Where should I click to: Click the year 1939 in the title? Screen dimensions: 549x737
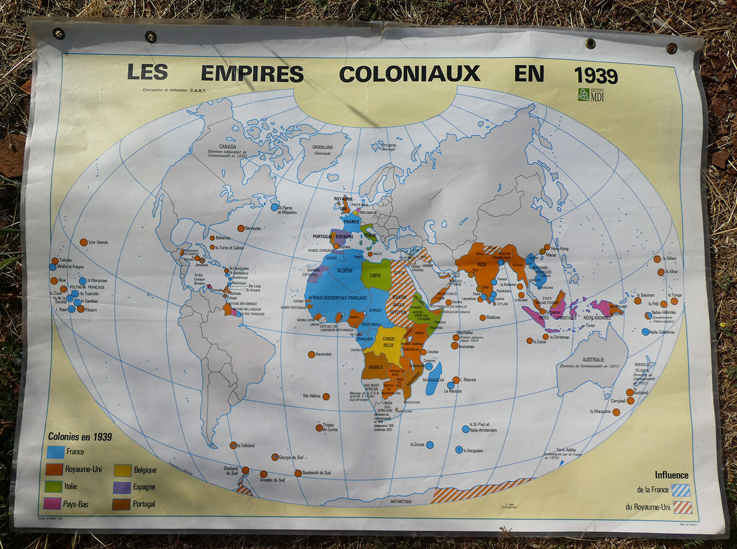596,76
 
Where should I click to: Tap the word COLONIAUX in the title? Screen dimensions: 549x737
409,74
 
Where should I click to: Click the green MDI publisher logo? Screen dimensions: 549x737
584,95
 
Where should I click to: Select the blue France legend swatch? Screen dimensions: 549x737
56,452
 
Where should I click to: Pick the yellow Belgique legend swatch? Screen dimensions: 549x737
122,470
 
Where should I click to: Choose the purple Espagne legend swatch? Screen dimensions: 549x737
122,487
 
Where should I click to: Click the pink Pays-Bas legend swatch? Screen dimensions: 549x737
53,504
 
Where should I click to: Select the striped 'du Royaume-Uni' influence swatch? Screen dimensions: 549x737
682,507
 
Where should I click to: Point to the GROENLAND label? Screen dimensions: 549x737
322,148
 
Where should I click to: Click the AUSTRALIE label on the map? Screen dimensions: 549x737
593,360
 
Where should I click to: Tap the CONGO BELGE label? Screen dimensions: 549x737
388,342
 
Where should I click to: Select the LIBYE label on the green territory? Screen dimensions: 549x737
375,276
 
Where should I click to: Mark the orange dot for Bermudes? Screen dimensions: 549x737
241,228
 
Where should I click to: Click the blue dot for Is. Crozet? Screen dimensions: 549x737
430,445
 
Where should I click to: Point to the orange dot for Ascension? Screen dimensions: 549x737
311,355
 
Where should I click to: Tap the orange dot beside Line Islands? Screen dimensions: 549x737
84,242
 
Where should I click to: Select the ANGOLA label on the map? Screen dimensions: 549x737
375,367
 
